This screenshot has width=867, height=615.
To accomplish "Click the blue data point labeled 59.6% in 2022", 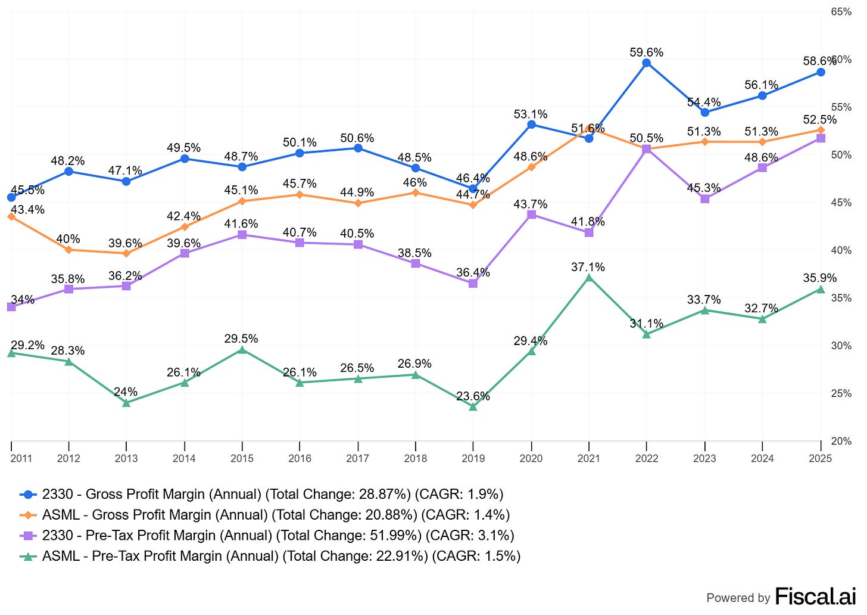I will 646,63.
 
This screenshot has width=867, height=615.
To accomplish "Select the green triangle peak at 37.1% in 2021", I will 589,278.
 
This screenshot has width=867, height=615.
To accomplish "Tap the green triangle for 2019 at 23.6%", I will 473,406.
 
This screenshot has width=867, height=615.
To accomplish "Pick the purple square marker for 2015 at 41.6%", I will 242,235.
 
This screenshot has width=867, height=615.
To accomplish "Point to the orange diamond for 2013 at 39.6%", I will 126,253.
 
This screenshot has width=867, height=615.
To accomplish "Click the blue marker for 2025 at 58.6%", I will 821,72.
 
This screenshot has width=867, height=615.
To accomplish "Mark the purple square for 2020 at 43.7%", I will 531,215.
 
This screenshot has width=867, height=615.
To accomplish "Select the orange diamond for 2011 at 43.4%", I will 11,216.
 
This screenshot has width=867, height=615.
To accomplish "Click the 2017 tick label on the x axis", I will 357,458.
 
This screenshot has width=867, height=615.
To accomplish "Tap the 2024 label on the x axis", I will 762,458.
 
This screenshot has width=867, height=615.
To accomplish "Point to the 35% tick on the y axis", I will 842,298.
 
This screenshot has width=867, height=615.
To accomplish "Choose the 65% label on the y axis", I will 842,11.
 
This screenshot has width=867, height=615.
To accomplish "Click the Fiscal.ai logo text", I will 815,596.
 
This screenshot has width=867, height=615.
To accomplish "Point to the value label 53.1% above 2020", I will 531,114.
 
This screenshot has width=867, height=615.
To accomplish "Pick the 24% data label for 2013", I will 126,392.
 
